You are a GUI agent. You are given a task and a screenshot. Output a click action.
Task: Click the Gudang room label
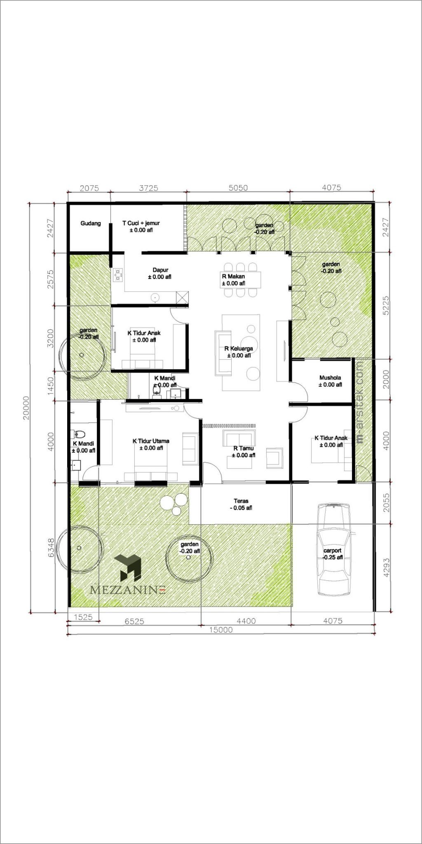click(91, 223)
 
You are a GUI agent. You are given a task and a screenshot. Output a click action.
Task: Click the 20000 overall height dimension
click(26, 408)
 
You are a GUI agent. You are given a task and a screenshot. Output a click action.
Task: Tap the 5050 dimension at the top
click(238, 188)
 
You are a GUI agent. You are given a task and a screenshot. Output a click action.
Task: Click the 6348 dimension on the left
click(51, 548)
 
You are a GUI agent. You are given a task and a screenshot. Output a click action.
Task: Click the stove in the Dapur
click(119, 274)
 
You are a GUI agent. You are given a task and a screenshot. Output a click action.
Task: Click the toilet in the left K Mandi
click(80, 434)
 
